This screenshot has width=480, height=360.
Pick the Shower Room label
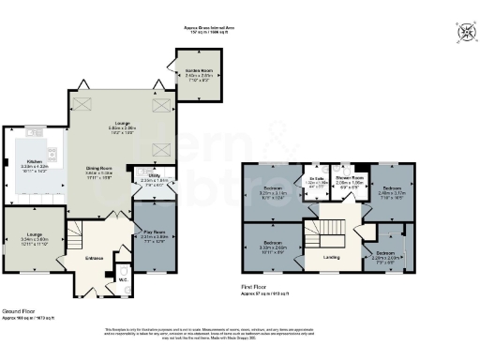pos(349,177)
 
